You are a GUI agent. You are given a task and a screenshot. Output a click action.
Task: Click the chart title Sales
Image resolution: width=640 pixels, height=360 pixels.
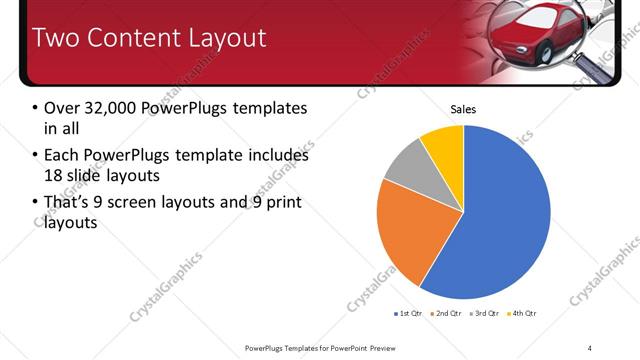[x=463, y=109]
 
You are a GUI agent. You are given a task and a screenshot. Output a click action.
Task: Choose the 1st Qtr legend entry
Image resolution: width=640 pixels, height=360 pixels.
[x=410, y=314]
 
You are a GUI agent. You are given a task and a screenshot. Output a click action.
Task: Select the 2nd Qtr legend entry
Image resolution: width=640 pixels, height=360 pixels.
[x=445, y=314]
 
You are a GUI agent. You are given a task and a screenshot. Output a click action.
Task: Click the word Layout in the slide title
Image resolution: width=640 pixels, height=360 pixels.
[x=228, y=38]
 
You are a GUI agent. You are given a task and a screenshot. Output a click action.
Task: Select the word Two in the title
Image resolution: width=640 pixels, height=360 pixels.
[x=56, y=38]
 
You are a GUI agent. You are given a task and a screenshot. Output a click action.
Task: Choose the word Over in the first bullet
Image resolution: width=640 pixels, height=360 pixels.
[x=62, y=108]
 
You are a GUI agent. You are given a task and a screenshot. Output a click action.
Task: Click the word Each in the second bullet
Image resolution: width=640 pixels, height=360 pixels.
[x=62, y=156]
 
